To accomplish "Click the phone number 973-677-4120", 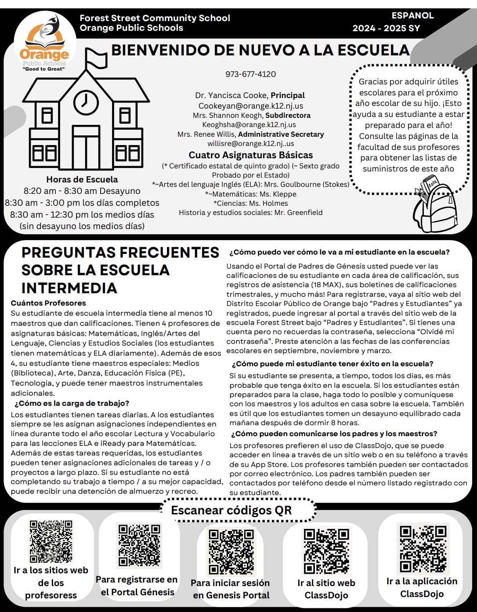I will point(250,74).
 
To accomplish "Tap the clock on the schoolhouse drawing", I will point(86,102).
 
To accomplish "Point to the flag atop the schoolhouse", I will point(96,58).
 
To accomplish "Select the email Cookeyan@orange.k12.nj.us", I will point(250,106).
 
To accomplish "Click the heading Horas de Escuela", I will point(82,179).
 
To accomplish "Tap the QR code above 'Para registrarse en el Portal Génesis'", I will point(139,545).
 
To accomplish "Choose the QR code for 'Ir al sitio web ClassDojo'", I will point(326,551).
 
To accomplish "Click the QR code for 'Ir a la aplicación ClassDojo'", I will point(423,549).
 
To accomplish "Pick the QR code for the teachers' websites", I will point(51,541).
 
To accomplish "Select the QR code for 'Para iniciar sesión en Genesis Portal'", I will point(231,551).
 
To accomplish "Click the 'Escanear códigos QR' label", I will point(231,510).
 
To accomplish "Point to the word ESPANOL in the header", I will point(412,15).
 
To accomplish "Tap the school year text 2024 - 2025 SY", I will point(386,28).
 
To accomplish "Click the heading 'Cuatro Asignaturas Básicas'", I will point(250,155).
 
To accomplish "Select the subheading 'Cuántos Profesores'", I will point(48,303).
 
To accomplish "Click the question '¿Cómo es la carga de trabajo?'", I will point(72,403).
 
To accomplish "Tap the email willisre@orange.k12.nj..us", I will point(250,143).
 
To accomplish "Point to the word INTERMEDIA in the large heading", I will point(69,288).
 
